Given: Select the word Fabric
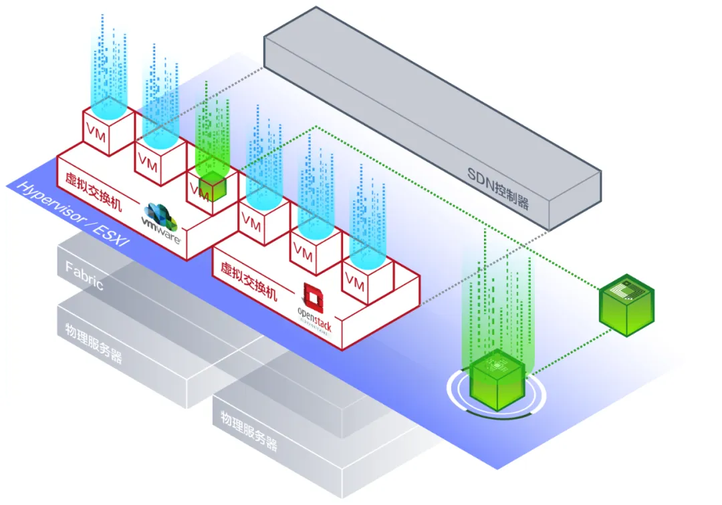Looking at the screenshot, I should click(x=84, y=276).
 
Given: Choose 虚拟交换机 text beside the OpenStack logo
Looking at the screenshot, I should click(x=248, y=280).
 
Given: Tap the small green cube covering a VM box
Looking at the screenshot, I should click(x=213, y=186).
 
